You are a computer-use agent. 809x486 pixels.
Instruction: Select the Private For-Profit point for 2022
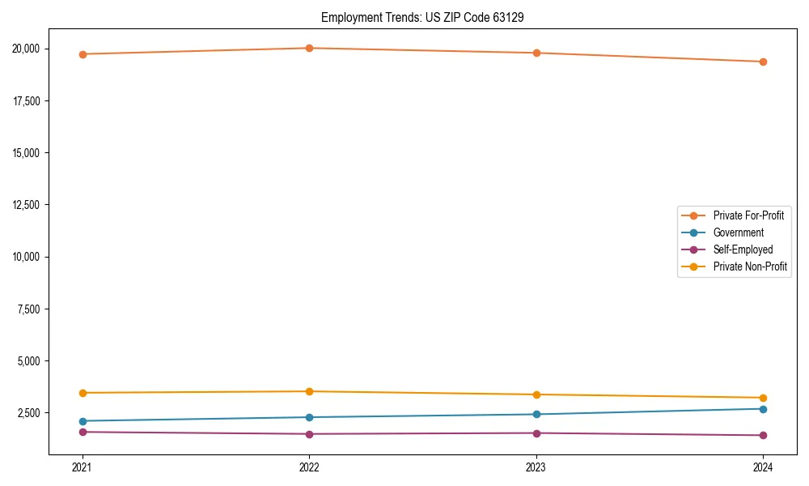pos(309,48)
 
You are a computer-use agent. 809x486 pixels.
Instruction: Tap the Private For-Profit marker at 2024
pos(763,62)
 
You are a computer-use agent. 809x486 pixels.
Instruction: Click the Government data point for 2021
pos(82,421)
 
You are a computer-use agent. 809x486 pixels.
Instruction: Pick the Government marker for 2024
pos(763,409)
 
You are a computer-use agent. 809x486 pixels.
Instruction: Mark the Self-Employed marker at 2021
pos(82,432)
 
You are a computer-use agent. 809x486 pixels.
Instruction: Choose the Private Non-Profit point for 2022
pos(309,391)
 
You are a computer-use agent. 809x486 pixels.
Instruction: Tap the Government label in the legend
pos(738,232)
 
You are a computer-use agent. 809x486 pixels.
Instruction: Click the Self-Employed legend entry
pos(743,249)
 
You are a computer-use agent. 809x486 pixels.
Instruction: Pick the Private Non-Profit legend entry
pos(750,266)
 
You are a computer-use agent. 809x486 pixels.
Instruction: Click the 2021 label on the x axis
pos(82,467)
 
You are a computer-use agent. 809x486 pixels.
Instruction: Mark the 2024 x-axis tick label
pos(763,467)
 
